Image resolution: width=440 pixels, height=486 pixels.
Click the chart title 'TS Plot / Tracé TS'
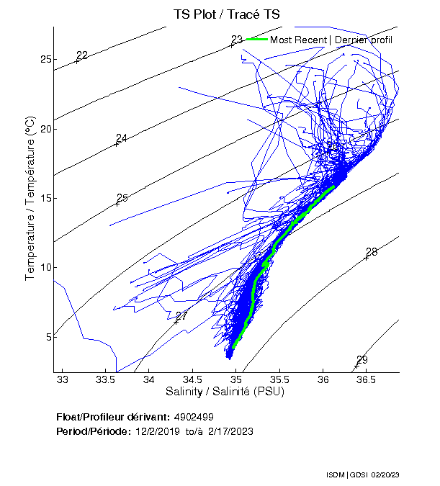pos(227,14)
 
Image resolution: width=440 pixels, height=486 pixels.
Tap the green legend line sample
pos(256,40)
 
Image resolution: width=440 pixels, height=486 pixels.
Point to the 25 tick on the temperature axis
pos(45,59)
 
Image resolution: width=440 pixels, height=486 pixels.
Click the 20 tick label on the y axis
pos(45,129)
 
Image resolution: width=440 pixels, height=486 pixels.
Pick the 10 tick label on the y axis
pos(45,267)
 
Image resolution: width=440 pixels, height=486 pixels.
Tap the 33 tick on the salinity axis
pos(63,379)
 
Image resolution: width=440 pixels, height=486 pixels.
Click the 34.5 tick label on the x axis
pos(192,379)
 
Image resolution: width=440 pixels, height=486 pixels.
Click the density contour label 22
pos(81,55)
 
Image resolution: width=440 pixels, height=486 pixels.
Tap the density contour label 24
pos(121,138)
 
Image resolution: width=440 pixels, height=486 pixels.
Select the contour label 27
pos(181,316)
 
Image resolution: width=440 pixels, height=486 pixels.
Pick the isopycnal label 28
pos(372,252)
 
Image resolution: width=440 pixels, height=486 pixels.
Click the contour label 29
pos(362,360)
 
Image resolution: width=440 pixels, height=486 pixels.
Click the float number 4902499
pos(193,417)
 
